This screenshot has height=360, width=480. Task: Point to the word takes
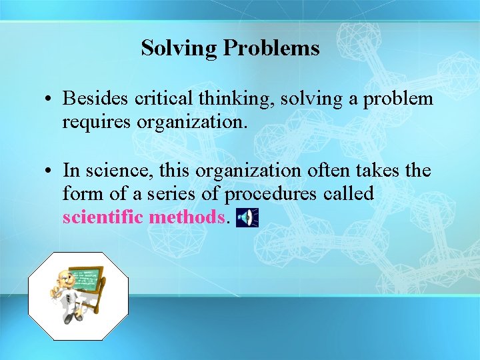coord(376,171)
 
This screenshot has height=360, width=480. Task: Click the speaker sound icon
coord(247,217)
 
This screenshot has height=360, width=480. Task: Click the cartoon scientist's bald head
coord(64,275)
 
